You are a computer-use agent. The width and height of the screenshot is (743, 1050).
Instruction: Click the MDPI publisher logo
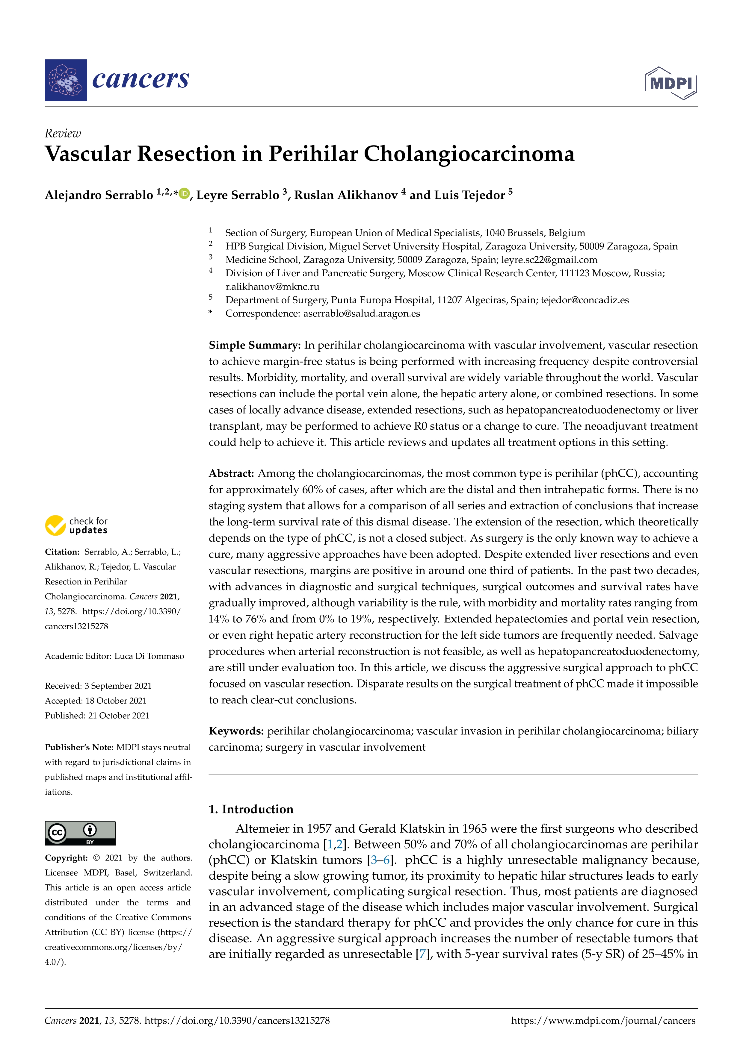[x=671, y=83]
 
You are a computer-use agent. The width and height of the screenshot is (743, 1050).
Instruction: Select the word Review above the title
[x=63, y=134]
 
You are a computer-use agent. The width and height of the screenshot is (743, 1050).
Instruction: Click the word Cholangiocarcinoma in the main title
[x=469, y=154]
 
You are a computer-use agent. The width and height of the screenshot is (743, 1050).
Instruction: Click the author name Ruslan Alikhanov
[x=346, y=195]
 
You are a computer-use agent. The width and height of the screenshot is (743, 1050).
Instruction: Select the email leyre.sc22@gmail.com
[x=549, y=260]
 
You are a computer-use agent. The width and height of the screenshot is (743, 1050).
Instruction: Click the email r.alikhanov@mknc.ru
[x=272, y=287]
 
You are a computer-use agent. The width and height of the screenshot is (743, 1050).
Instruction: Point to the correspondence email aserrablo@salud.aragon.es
[x=361, y=314]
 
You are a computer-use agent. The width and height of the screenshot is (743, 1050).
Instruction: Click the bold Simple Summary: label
[x=254, y=345]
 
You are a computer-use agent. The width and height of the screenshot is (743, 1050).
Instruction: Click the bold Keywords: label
[x=236, y=731]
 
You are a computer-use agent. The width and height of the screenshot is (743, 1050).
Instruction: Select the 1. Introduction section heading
[x=251, y=810]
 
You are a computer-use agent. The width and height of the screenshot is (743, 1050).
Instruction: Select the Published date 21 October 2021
[x=119, y=716]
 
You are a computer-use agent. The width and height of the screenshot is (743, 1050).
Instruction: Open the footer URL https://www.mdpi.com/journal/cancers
[x=603, y=1021]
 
